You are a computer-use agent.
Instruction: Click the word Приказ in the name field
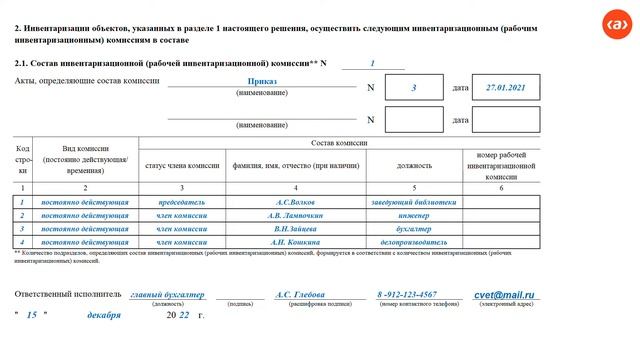click(x=262, y=81)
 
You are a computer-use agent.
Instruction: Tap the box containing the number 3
click(x=413, y=88)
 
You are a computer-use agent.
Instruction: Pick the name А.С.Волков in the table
click(x=294, y=201)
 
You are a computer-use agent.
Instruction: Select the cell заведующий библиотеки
click(x=413, y=201)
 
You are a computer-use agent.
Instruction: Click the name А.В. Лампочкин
click(x=294, y=215)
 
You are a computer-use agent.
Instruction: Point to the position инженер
click(x=413, y=215)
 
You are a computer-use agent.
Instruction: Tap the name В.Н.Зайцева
click(x=294, y=228)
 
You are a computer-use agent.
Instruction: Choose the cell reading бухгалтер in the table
click(x=413, y=228)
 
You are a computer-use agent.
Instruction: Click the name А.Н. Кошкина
click(x=294, y=242)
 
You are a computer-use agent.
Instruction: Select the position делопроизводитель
click(x=413, y=242)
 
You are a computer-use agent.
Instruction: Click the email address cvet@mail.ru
click(x=507, y=295)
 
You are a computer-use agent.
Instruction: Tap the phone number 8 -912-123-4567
click(x=406, y=295)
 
